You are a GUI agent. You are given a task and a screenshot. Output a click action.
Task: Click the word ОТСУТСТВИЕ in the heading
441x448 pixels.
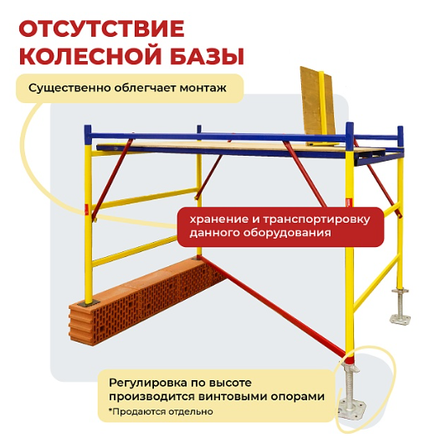click(101, 29)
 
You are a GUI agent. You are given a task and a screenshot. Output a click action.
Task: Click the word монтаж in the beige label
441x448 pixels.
click(203, 88)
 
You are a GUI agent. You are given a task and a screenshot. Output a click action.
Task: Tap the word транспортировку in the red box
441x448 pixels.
click(316, 220)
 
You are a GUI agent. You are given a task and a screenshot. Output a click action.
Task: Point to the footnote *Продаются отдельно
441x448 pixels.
click(161, 412)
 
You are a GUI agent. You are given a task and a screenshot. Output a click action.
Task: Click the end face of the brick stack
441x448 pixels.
click(81, 325)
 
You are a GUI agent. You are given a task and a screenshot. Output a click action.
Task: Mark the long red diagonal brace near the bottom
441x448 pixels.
click(273, 306)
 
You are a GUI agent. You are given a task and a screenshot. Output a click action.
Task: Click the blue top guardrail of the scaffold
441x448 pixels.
click(218, 136)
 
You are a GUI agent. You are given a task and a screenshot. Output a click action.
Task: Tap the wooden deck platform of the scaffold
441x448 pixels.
click(245, 147)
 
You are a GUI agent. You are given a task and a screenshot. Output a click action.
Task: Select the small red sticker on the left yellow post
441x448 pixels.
click(87, 208)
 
